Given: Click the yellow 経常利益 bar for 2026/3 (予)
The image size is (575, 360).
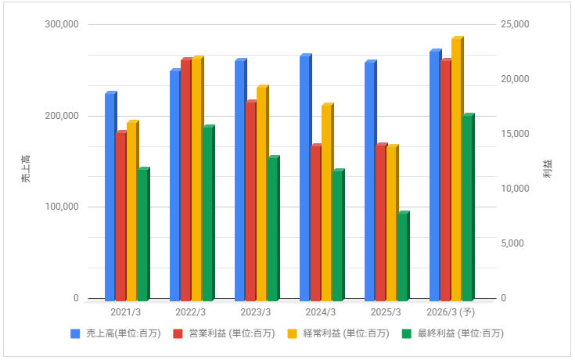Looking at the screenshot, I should [457, 169].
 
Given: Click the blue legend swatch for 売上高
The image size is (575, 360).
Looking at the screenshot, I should [76, 333].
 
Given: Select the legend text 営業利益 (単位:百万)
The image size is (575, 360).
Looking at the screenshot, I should [232, 333].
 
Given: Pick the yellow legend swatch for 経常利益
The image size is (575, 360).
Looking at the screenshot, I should [293, 333].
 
